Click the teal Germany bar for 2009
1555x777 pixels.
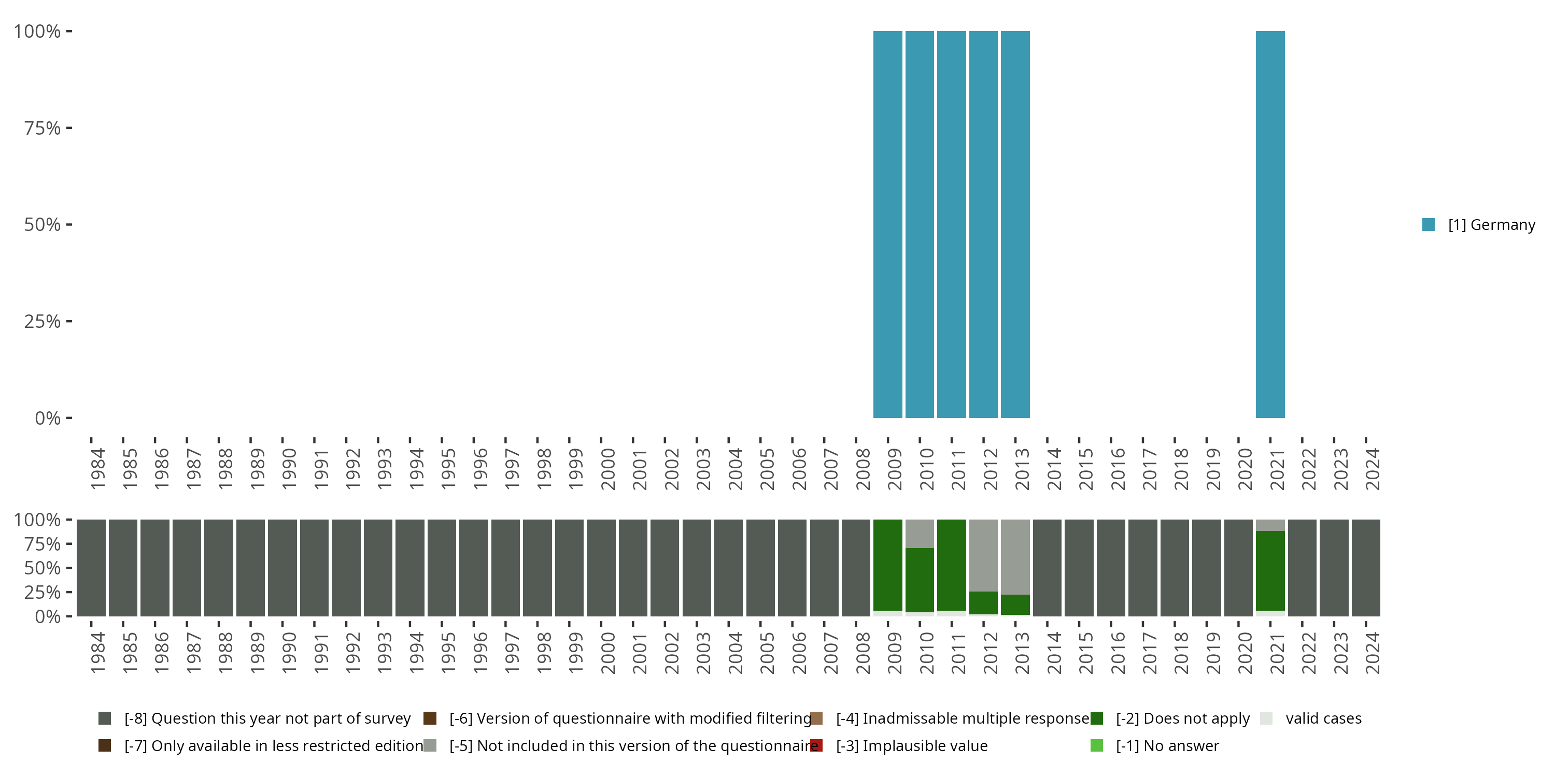(887, 224)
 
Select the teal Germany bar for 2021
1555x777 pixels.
(1270, 224)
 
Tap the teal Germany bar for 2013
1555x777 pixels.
(1015, 224)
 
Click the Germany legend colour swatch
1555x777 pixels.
(1428, 224)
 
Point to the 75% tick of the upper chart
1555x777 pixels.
(69, 128)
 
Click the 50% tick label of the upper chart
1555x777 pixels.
(43, 224)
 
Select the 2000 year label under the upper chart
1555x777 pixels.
(608, 469)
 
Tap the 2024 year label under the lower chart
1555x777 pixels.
(1373, 653)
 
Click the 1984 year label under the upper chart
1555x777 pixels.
(98, 469)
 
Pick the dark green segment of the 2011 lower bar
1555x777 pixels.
(951, 565)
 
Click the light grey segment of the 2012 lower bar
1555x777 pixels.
(983, 555)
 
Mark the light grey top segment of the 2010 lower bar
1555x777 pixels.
(920, 534)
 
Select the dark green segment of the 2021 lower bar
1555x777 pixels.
(1270, 570)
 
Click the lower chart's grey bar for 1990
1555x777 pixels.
(282, 568)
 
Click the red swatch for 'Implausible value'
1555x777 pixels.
(816, 745)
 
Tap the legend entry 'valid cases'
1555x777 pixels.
(1323, 718)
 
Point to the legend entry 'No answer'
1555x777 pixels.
(1167, 745)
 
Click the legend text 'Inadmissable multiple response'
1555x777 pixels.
(962, 718)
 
